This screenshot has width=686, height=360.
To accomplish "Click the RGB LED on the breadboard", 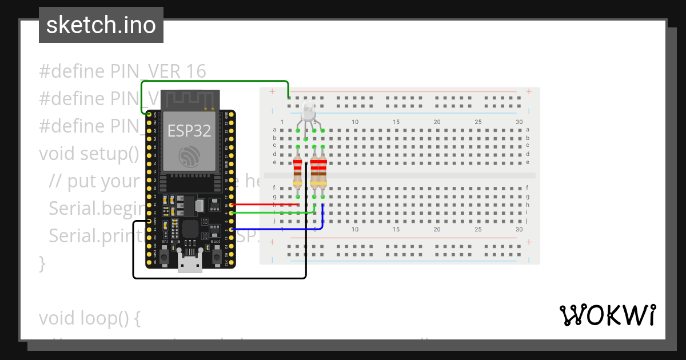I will click(x=308, y=112).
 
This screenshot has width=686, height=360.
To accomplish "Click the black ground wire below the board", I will click(x=217, y=278).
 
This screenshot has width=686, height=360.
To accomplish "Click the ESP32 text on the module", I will click(x=189, y=131).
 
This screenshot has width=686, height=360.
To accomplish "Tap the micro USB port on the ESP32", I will click(x=190, y=264).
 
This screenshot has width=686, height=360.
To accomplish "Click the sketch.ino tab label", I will click(x=101, y=25).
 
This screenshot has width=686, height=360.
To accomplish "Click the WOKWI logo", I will click(x=607, y=315).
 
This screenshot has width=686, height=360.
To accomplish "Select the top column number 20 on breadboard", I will click(x=437, y=122).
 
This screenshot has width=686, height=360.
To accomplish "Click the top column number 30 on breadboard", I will click(x=519, y=122).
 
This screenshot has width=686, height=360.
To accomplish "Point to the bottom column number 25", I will click(x=478, y=229).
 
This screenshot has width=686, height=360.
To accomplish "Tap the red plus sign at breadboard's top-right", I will click(x=530, y=91).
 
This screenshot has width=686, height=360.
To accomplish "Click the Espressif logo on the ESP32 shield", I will click(x=189, y=155).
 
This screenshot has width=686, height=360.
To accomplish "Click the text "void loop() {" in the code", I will click(x=90, y=318).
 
